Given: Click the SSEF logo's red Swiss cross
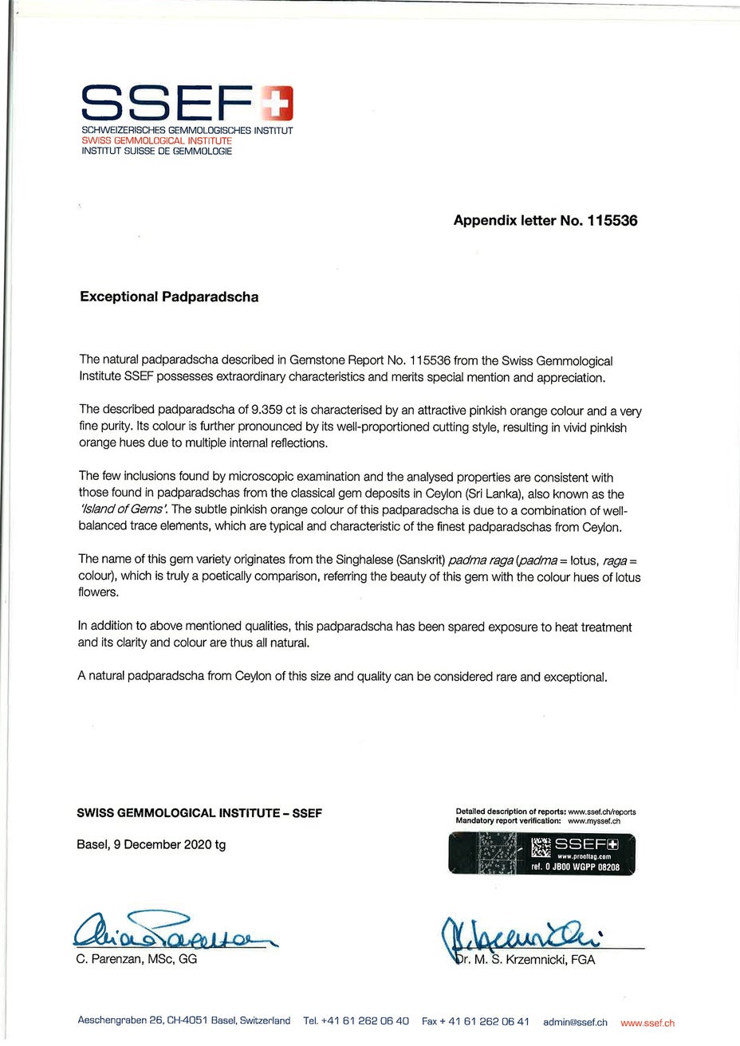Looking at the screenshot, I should [x=278, y=100].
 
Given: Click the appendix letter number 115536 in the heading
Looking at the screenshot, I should [x=612, y=220].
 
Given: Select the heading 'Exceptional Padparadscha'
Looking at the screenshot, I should [x=169, y=297].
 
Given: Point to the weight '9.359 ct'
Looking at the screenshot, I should [x=273, y=411].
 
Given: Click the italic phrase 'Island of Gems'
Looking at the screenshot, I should [x=123, y=509].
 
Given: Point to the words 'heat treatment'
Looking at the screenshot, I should [x=593, y=627].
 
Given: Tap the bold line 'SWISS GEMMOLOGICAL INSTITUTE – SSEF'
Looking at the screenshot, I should [x=199, y=813].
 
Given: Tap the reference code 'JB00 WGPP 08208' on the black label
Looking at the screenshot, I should [x=586, y=867].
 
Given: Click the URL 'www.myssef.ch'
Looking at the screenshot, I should [x=594, y=820].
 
